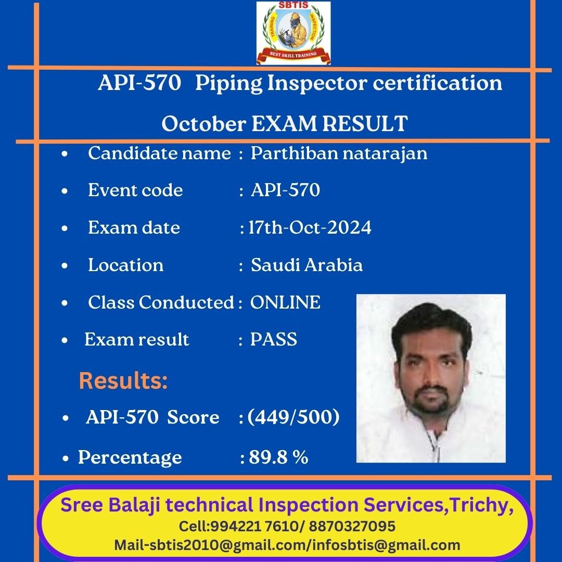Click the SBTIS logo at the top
293,33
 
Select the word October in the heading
203,124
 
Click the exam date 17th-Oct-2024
310,227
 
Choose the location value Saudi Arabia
306,265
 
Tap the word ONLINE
285,302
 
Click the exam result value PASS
274,339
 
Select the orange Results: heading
123,380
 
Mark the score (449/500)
293,417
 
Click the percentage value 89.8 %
278,457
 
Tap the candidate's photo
431,378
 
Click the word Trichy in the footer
479,505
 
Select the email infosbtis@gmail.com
386,545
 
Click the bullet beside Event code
65,191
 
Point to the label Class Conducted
161,302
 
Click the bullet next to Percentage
65,458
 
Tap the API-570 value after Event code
285,190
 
